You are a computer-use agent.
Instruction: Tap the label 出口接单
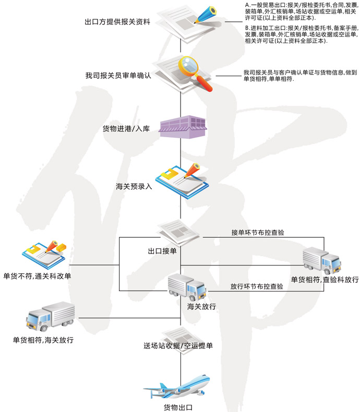pos(162,251)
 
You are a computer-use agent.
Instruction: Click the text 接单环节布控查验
pos(258,232)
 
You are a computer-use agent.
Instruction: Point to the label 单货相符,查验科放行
pos(325,280)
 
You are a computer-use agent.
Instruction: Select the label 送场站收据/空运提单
pos(178,345)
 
